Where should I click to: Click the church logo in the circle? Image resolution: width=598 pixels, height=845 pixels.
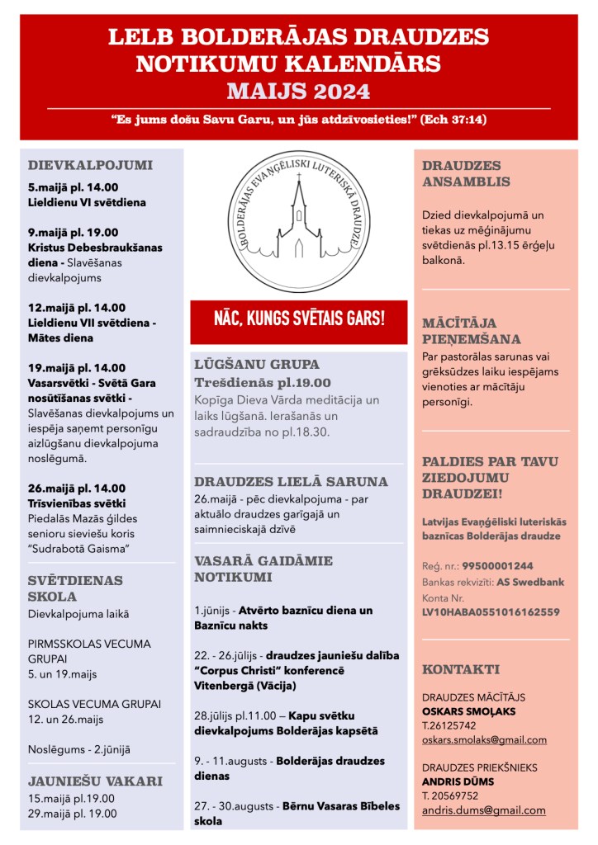coord(298,215)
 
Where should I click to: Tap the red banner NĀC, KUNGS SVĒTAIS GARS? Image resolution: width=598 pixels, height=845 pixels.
coord(298,318)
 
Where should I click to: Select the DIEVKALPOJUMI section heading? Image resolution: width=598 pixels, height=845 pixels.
coord(90,164)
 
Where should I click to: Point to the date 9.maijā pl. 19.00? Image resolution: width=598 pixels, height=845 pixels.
coord(73,233)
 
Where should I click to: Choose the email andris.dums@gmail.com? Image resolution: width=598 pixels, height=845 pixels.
coord(483,810)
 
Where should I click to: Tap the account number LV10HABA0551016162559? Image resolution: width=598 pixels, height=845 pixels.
coord(491,611)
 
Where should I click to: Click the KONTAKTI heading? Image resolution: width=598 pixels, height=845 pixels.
coord(461,669)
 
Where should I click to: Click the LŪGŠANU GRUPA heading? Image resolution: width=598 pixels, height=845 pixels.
coord(256,364)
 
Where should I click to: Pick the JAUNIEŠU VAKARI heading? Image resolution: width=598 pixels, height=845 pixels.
coord(95,781)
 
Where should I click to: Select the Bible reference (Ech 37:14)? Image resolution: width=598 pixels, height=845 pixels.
coord(453,120)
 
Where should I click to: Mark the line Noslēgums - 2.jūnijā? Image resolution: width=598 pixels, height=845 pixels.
coord(79,749)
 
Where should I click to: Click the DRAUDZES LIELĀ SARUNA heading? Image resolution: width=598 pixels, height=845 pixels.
coord(291,481)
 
